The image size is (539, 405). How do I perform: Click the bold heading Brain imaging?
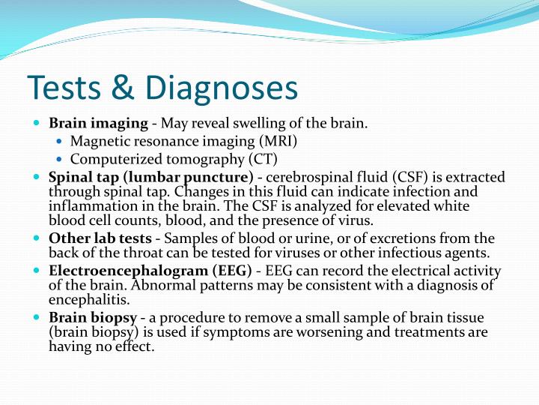click(97, 123)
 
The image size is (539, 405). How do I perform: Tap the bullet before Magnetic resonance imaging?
click(61, 141)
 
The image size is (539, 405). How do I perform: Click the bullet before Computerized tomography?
click(61, 159)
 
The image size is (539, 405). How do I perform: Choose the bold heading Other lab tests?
click(100, 238)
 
